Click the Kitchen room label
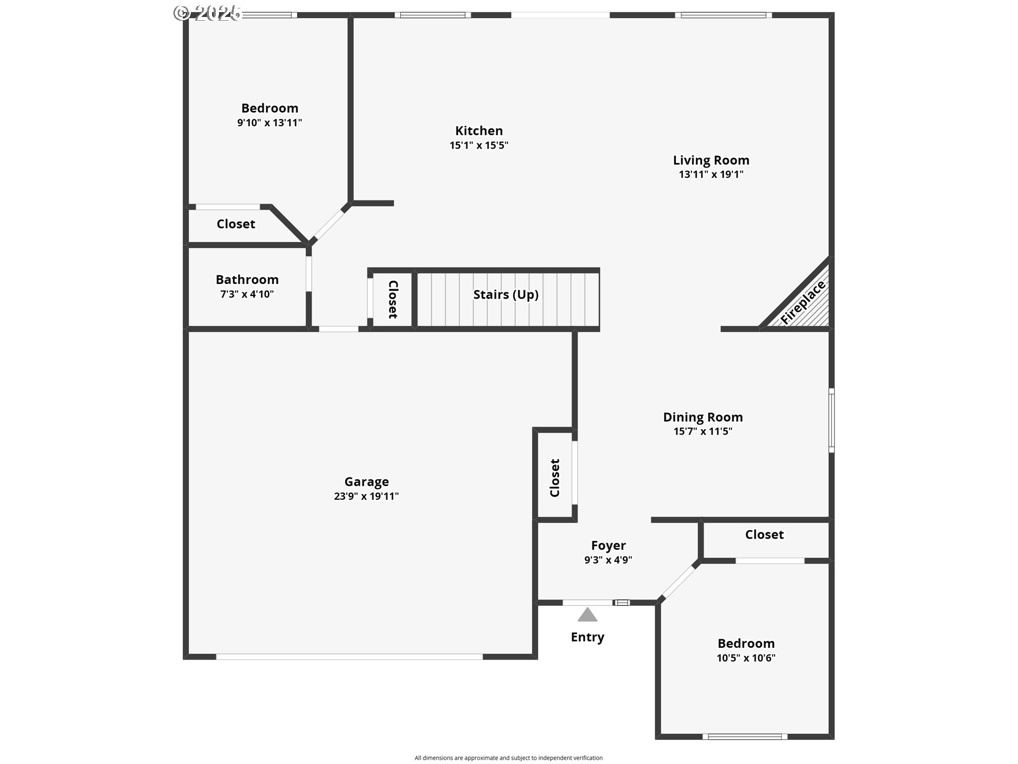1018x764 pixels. (x=479, y=131)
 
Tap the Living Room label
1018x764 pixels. (x=711, y=160)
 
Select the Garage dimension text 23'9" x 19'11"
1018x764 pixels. (x=366, y=496)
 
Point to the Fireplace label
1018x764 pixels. (x=803, y=302)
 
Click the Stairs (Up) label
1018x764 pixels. (x=506, y=294)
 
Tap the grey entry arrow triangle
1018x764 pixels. (x=587, y=614)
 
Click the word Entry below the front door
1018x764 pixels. (x=587, y=637)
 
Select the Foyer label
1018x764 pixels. (x=608, y=545)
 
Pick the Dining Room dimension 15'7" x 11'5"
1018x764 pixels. (x=703, y=431)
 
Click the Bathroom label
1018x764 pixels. (x=247, y=280)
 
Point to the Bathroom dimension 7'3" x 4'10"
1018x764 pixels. (x=247, y=294)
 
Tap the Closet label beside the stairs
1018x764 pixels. (x=393, y=299)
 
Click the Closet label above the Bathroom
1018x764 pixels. (x=236, y=224)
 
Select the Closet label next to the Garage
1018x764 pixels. (x=555, y=478)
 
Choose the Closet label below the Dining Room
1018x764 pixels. (x=764, y=534)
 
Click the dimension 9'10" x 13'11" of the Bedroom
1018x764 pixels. (x=269, y=123)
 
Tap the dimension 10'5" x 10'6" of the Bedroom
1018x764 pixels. (x=746, y=658)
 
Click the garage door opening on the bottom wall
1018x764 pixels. (x=349, y=657)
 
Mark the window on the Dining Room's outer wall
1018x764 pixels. (x=831, y=420)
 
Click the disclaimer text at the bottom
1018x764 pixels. (x=508, y=758)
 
